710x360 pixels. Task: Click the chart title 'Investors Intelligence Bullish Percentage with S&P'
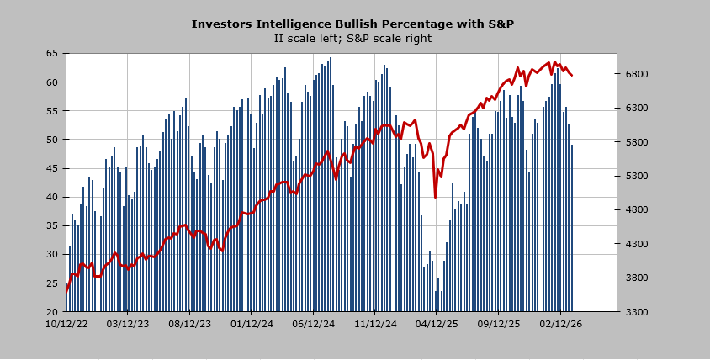click(x=352, y=24)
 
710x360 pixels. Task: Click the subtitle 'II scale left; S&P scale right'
click(x=352, y=38)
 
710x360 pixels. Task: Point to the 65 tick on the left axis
click(x=51, y=53)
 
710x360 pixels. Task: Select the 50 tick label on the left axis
click(x=51, y=140)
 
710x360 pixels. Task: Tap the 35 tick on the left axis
click(x=51, y=225)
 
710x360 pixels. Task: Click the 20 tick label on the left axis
click(x=51, y=312)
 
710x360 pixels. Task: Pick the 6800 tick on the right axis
click(x=636, y=74)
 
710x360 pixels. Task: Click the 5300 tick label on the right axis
click(x=636, y=176)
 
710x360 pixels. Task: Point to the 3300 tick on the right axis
click(x=636, y=312)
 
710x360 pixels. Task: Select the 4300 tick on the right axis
click(x=636, y=244)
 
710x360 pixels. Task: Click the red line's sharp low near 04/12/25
click(x=435, y=197)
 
